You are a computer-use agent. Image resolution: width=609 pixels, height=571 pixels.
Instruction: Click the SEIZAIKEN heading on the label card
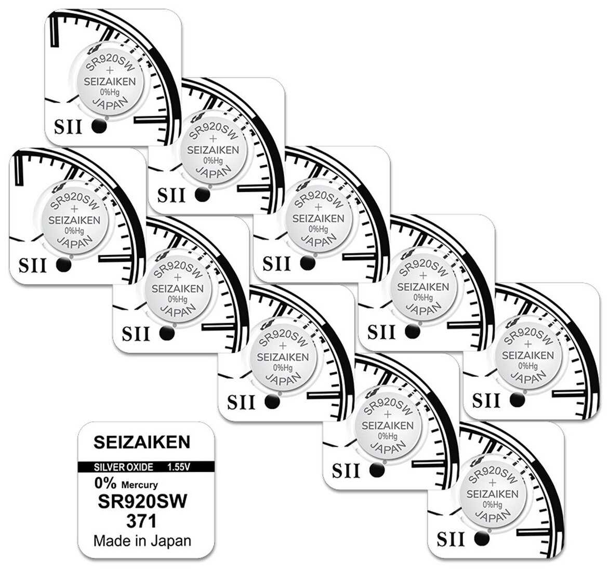(x=142, y=442)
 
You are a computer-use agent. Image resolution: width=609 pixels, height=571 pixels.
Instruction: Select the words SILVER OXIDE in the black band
(x=124, y=467)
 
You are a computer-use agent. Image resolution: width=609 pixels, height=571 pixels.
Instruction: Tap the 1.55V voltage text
(x=179, y=467)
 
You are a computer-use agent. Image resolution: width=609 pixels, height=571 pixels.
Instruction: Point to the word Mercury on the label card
(x=139, y=485)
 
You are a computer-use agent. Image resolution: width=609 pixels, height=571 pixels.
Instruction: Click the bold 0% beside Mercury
(x=105, y=483)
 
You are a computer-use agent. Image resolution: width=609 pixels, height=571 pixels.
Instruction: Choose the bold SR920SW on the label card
(x=142, y=501)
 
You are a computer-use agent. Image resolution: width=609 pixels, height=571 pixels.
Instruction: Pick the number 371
(x=141, y=521)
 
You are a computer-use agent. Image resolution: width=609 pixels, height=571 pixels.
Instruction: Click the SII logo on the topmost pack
(x=68, y=127)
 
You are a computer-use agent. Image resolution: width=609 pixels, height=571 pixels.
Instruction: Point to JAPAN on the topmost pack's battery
(x=110, y=104)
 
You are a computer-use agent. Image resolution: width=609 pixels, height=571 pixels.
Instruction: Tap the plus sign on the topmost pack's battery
(x=110, y=70)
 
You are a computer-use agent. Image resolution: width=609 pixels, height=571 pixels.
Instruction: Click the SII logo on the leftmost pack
(x=33, y=265)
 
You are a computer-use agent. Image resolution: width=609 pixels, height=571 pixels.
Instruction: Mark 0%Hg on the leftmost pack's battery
(x=74, y=231)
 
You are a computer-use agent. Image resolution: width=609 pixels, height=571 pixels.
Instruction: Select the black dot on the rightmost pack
(x=518, y=400)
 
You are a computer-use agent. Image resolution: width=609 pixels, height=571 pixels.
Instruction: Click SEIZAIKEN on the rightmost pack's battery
(x=528, y=355)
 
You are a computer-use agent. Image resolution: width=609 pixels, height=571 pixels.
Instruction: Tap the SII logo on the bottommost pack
(x=451, y=539)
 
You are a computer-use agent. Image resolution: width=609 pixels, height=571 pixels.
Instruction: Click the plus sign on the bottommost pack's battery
(x=492, y=483)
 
